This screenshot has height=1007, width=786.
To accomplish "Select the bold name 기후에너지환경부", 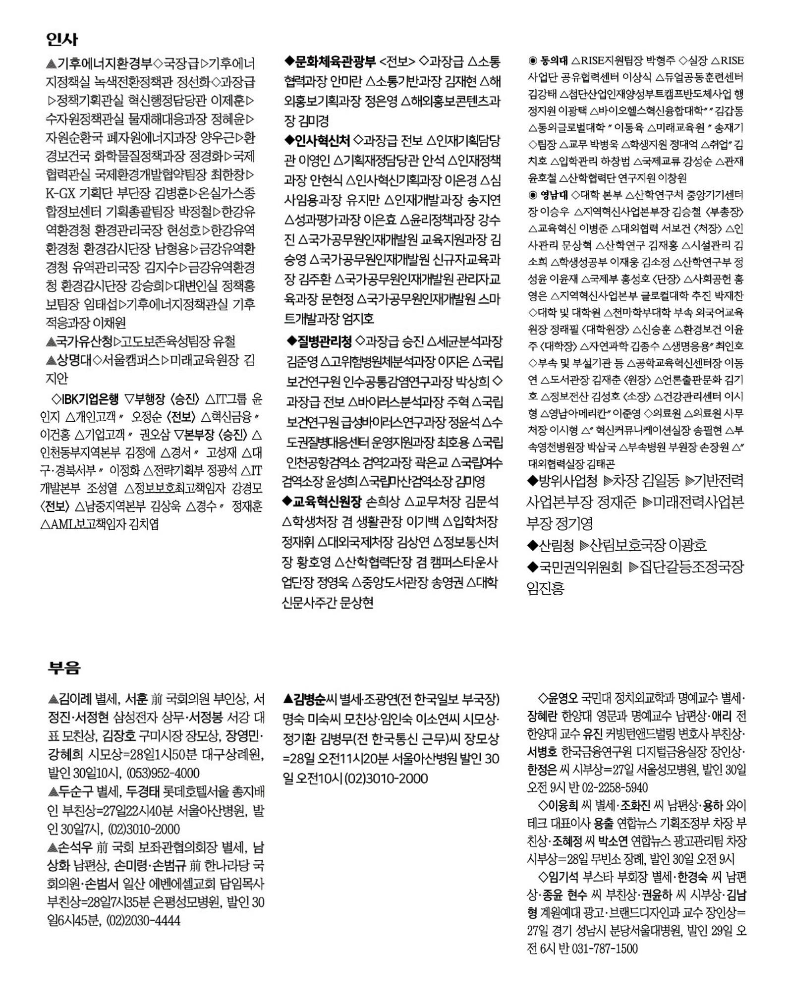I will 105,63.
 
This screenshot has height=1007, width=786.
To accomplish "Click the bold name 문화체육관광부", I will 336,61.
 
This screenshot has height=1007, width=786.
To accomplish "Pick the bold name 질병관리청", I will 325,341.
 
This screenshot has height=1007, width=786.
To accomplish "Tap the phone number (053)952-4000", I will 163,773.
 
